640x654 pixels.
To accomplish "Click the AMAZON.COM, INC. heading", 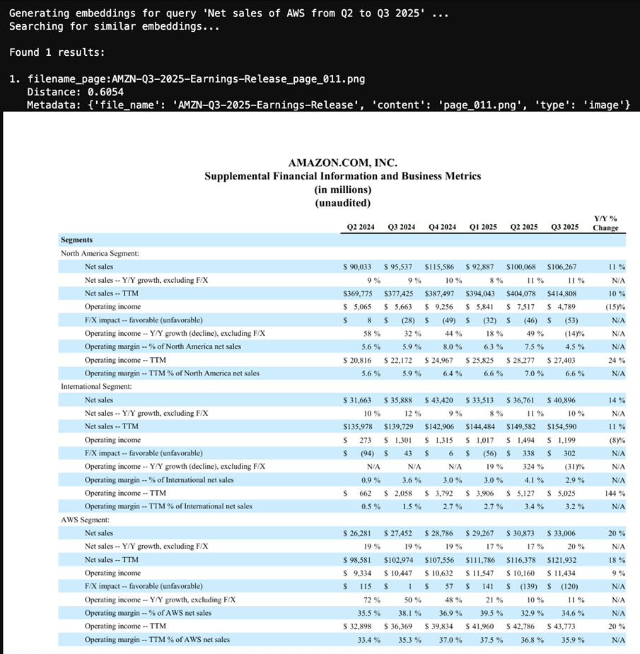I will pyautogui.click(x=342, y=163).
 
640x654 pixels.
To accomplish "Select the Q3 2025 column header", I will pyautogui.click(x=564, y=227).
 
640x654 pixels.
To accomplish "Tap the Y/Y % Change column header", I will pyautogui.click(x=605, y=223).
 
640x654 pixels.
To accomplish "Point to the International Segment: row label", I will pyautogui.click(x=96, y=387).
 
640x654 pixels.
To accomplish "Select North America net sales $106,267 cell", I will pyautogui.click(x=562, y=267).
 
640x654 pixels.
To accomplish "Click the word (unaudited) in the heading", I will pyautogui.click(x=342, y=202).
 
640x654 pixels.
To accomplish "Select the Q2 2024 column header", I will pyautogui.click(x=360, y=227).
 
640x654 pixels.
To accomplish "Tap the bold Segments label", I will pyautogui.click(x=76, y=240).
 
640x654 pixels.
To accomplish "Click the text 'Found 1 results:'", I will pyautogui.click(x=57, y=52).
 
